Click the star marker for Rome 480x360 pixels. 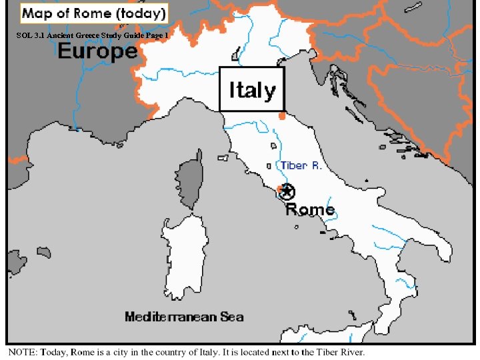click(287, 192)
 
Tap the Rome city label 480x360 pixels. click(310, 209)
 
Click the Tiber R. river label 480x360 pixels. click(301, 165)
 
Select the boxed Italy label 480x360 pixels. click(252, 89)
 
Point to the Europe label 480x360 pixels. click(97, 51)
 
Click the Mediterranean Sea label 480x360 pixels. click(184, 317)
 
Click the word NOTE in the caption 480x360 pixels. click(21, 351)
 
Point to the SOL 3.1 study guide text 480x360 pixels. click(93, 35)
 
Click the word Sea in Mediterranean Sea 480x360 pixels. click(231, 317)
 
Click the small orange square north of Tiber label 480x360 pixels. click(281, 117)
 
